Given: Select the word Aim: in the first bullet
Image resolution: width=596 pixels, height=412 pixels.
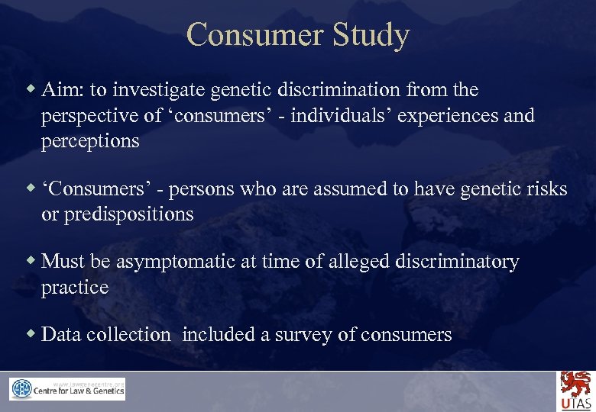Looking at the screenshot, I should point(63,90).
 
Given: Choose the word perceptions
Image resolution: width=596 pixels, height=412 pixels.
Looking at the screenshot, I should point(90,142).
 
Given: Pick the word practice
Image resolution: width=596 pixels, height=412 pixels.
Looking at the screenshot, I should point(75,288).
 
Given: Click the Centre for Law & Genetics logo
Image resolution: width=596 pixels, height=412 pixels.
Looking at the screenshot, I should point(67,389).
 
